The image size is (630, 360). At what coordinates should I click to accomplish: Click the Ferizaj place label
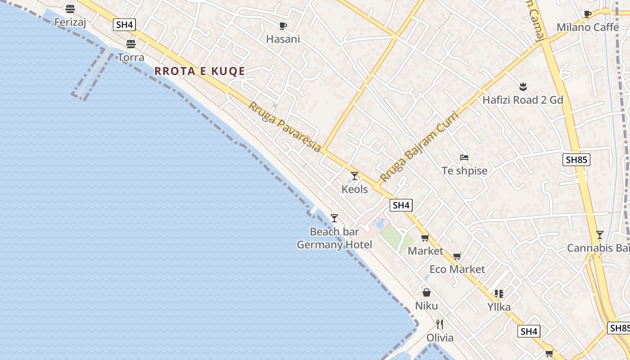tap(70, 22)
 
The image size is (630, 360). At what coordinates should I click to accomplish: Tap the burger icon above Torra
tap(131, 44)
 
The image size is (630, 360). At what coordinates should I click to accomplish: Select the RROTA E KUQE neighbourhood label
tap(200, 71)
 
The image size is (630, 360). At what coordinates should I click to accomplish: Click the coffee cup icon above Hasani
tap(283, 26)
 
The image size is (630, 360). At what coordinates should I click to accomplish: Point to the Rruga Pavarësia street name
tap(285, 127)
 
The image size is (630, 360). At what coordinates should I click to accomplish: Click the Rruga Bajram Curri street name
tap(419, 146)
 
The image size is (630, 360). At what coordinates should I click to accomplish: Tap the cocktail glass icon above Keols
tap(355, 176)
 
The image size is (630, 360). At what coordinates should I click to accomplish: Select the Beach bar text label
tap(334, 232)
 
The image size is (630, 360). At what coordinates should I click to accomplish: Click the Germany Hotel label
tap(334, 245)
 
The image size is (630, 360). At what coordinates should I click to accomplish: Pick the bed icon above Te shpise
tap(464, 157)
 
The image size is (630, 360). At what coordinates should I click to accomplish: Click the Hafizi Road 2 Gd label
tap(522, 100)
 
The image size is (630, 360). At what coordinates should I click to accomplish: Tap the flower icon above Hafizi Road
tap(522, 86)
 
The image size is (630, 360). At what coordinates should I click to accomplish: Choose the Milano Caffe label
tap(588, 27)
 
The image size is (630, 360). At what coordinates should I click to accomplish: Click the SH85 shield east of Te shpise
tap(576, 160)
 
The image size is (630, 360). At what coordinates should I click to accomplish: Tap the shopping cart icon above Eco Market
tap(457, 256)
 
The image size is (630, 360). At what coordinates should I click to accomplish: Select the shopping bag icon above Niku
tap(426, 293)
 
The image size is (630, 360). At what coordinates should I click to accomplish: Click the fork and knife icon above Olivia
tap(440, 324)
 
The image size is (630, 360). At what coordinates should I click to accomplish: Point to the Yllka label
tap(499, 307)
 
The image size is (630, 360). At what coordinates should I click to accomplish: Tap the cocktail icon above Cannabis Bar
tap(599, 235)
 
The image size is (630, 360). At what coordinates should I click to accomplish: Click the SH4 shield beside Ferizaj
tap(124, 25)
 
